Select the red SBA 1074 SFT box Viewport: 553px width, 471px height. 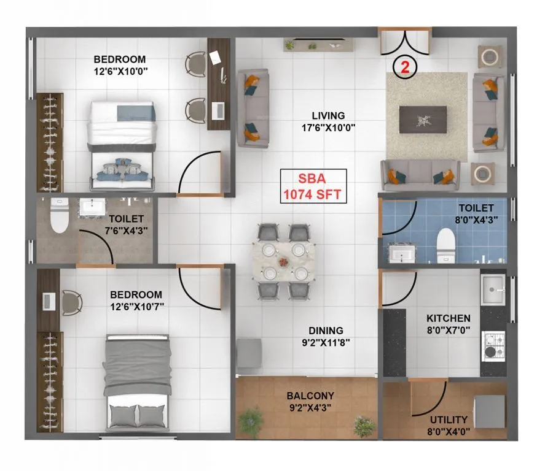(313, 187)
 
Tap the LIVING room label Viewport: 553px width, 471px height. (327, 115)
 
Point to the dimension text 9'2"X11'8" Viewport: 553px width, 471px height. (326, 342)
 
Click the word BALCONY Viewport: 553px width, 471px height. (310, 396)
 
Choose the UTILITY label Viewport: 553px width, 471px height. (449, 419)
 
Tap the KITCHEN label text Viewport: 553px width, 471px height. (449, 318)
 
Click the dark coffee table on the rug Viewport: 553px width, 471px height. (423, 119)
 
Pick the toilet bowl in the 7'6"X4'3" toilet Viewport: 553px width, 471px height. (59, 219)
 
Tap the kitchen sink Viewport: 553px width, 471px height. (492, 288)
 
